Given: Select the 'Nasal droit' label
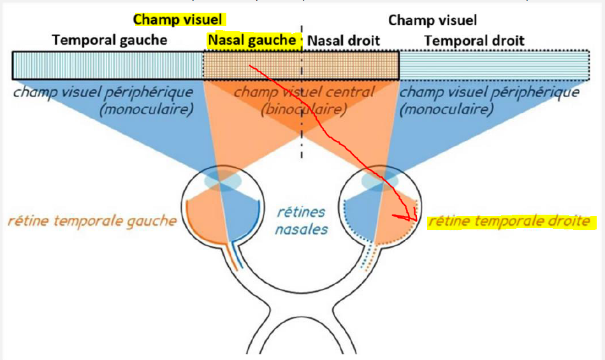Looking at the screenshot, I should click(344, 41).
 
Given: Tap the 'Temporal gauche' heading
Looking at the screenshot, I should click(110, 40).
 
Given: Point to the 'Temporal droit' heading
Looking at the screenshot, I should click(474, 41).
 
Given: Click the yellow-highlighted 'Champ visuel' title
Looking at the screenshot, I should click(181, 20).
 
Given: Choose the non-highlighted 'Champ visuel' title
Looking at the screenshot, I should click(432, 20).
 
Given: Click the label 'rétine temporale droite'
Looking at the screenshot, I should click(509, 222).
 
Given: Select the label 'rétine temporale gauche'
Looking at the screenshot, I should click(92, 221).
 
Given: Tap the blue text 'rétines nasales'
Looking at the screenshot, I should click(302, 219).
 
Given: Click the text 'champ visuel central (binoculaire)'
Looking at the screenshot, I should click(304, 100).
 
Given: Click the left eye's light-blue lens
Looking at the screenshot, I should click(222, 181).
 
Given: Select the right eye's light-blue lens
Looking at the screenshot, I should click(382, 181).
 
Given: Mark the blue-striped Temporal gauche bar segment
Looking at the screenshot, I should click(107, 65).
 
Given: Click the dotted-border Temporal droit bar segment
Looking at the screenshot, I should click(494, 65).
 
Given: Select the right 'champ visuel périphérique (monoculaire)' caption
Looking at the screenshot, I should click(490, 101).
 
